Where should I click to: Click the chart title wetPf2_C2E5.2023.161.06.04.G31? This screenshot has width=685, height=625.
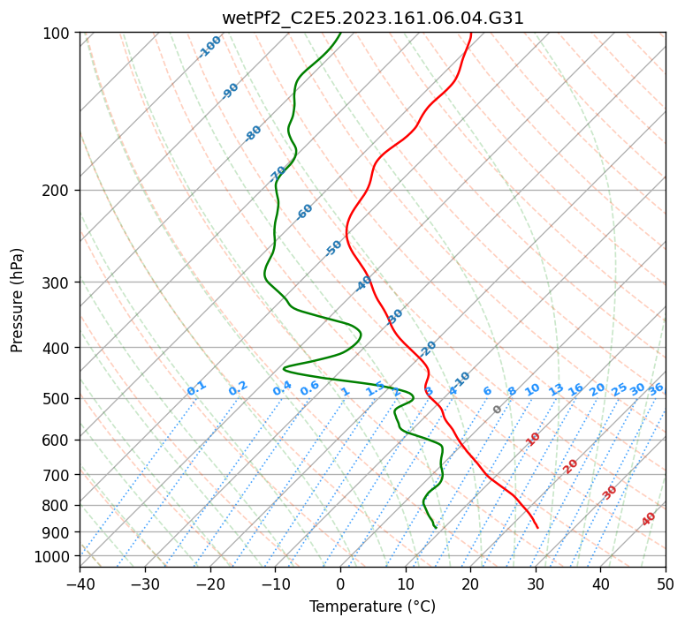[372, 18]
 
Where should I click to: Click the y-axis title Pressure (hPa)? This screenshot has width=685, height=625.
[18, 299]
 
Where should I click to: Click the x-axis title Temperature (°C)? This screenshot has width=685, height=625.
[372, 606]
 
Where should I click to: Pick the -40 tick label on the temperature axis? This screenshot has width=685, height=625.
[80, 584]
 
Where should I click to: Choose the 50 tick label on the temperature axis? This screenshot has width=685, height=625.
[666, 584]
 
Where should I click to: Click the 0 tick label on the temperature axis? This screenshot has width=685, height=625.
[340, 584]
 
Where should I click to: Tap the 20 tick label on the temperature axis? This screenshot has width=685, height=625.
[470, 584]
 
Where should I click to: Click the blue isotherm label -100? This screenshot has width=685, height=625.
[209, 47]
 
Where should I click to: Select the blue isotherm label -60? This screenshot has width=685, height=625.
[305, 212]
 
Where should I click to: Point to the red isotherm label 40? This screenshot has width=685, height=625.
[649, 519]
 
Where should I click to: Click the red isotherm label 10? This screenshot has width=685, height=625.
[533, 439]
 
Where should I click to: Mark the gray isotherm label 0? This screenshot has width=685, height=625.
[498, 410]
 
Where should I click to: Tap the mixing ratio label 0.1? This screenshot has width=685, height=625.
[196, 388]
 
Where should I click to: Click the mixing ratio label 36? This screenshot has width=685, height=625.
[656, 389]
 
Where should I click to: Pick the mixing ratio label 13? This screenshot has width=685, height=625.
[556, 389]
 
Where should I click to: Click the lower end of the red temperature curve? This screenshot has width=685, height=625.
[537, 528]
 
